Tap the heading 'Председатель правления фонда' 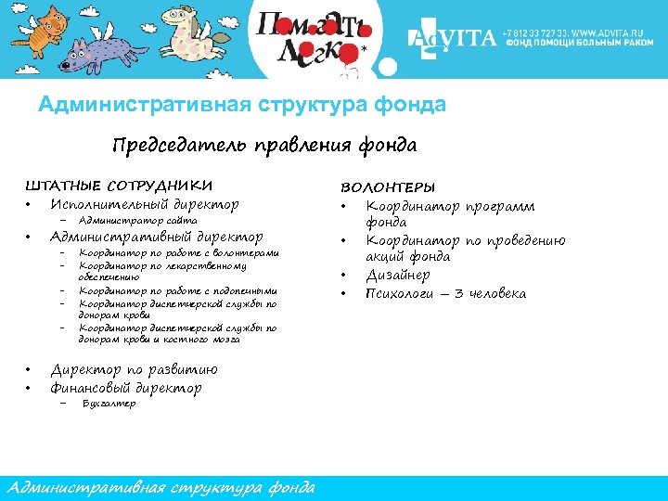(264, 146)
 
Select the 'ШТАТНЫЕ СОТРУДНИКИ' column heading (118, 186)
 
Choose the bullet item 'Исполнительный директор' (144, 204)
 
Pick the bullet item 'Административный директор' (156, 237)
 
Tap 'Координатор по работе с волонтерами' (178, 253)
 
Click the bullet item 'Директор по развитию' (134, 370)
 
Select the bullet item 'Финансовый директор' (125, 388)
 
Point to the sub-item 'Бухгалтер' (109, 404)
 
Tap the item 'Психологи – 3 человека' (445, 293)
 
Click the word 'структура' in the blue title (302, 105)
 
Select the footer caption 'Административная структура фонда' (160, 488)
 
